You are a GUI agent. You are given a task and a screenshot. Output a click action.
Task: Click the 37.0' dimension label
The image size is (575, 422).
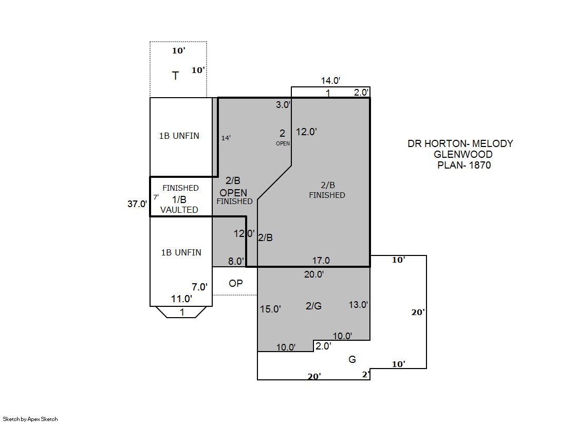pyautogui.click(x=137, y=204)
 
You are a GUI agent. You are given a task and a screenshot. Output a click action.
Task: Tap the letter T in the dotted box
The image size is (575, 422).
pyautogui.click(x=175, y=76)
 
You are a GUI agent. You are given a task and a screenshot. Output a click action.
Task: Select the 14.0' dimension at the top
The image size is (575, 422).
pyautogui.click(x=331, y=80)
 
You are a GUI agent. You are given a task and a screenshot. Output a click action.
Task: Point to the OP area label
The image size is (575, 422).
pyautogui.click(x=236, y=283)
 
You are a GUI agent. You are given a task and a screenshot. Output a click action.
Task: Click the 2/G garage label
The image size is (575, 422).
pyautogui.click(x=313, y=306)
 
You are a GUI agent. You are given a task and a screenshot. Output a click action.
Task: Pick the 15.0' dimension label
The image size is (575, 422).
pyautogui.click(x=270, y=309)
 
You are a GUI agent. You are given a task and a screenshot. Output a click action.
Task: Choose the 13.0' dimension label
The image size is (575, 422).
pyautogui.click(x=358, y=305)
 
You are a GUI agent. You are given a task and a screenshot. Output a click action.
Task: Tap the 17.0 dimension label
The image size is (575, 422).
pyautogui.click(x=321, y=260)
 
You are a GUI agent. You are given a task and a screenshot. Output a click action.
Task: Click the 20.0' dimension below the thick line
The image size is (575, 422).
pyautogui.click(x=314, y=274)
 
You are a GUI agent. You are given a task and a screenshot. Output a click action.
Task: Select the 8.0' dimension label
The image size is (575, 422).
pyautogui.click(x=236, y=261)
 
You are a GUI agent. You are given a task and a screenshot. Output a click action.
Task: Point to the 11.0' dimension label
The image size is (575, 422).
pyautogui.click(x=181, y=299)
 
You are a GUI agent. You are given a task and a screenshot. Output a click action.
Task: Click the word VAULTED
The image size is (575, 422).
pyautogui.click(x=179, y=210)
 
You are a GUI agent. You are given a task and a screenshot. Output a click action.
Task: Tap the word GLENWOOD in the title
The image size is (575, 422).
pyautogui.click(x=463, y=154)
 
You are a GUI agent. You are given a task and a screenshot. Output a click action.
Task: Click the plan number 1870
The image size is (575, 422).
pyautogui.click(x=480, y=165)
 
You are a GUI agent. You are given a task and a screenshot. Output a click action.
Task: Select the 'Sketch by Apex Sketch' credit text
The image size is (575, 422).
pyautogui.click(x=30, y=419)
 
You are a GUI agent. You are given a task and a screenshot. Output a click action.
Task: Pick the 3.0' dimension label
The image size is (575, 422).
pyautogui.click(x=283, y=104)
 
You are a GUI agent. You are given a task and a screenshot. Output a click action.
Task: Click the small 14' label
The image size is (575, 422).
pyautogui.click(x=226, y=138)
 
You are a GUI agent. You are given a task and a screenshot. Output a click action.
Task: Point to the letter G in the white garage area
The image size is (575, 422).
pyautogui.click(x=352, y=359)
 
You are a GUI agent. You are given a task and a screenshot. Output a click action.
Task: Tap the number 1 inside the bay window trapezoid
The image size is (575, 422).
pyautogui.click(x=182, y=313)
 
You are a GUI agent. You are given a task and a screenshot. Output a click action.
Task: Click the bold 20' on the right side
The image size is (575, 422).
pyautogui.click(x=418, y=313)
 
